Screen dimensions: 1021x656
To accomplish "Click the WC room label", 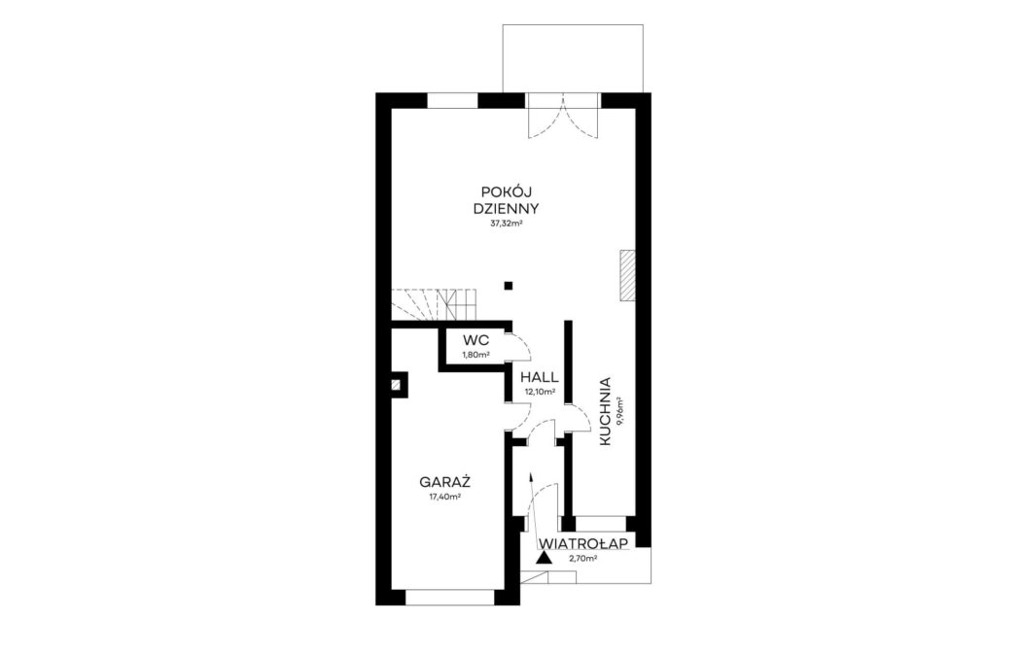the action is tap(476, 341).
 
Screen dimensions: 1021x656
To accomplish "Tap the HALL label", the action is tap(539, 377).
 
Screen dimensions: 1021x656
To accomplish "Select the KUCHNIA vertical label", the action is tap(604, 411).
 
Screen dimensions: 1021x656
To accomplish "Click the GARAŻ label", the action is tap(444, 483).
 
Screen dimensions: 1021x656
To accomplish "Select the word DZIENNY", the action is tap(506, 210).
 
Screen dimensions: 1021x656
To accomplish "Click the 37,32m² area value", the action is tap(508, 224).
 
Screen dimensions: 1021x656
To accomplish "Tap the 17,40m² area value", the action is tap(444, 498).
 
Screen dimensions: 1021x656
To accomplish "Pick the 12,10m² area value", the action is tap(540, 392).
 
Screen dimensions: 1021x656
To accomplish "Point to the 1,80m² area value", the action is tap(476, 355).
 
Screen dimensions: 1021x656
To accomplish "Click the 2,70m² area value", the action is tap(583, 559).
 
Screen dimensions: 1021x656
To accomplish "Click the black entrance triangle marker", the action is tap(544, 557).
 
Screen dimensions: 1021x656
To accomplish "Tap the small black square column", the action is tap(509, 285).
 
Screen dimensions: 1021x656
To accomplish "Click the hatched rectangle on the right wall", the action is tap(627, 275).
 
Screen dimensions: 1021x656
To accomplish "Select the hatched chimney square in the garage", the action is tap(396, 384).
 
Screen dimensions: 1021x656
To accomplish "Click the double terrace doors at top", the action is tap(563, 116).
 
